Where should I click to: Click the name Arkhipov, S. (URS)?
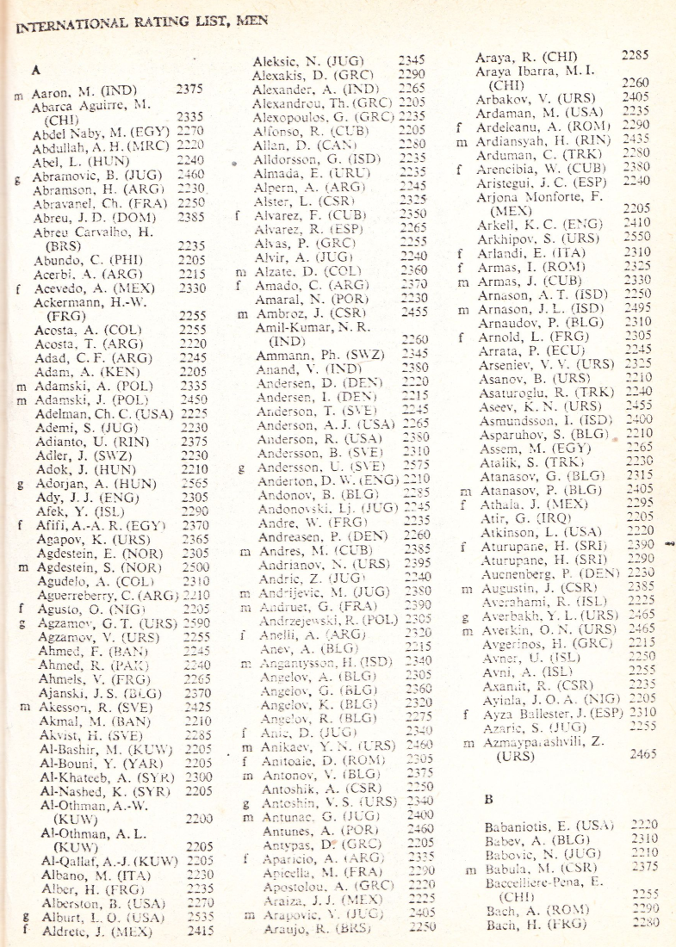(x=529, y=236)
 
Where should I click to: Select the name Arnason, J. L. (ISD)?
(x=534, y=309)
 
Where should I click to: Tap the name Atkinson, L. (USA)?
(x=529, y=531)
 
